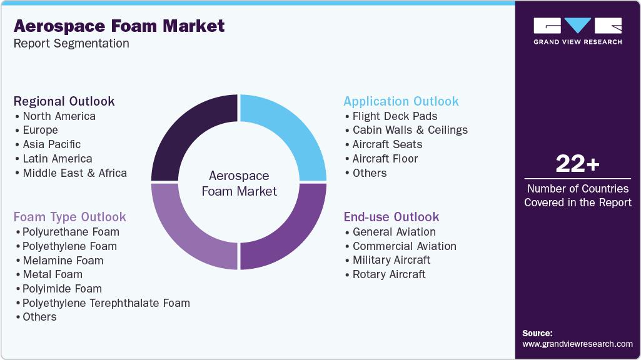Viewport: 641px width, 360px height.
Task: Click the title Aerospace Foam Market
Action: coord(119,26)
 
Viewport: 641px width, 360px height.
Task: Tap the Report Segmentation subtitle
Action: coord(71,44)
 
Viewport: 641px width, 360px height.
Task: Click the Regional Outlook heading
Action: coord(64,101)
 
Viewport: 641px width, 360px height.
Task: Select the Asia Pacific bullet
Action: coord(52,144)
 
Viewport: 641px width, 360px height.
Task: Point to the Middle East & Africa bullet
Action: coord(74,173)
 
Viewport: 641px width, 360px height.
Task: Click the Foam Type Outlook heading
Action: coord(70,217)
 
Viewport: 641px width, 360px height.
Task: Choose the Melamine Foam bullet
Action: coord(63,261)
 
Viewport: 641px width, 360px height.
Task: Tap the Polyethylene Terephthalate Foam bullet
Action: coord(106,303)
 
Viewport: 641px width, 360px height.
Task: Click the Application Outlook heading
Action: coord(401,101)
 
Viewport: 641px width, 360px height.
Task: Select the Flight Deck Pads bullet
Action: coord(395,116)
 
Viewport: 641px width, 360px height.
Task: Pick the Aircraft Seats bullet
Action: coord(387,144)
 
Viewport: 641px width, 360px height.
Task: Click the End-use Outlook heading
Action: coord(391,217)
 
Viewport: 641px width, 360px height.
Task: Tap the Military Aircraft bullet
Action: coord(391,260)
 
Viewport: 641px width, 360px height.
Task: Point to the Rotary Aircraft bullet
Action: coord(389,274)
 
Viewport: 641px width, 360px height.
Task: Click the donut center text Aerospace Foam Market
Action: coord(239,184)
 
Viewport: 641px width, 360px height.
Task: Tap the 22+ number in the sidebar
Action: coord(577,164)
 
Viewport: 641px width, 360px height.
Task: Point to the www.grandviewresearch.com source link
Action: coord(577,344)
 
